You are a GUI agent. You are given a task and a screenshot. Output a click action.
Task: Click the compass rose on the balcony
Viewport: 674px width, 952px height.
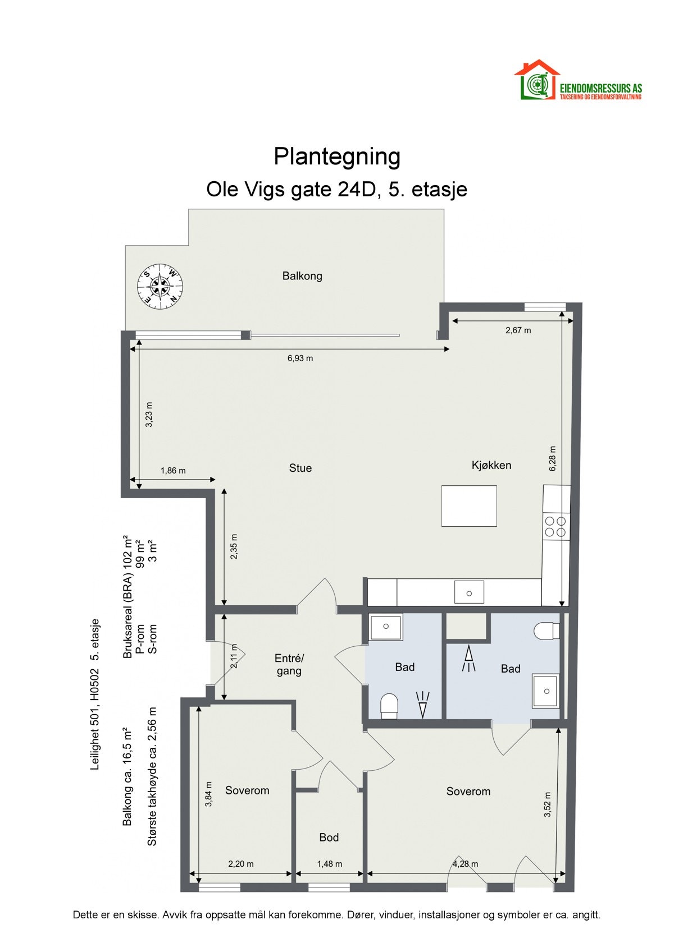pos(161,287)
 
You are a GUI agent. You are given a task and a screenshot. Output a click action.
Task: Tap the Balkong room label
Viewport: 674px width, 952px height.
pos(302,276)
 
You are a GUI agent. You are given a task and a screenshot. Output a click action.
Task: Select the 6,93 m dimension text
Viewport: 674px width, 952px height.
pos(300,358)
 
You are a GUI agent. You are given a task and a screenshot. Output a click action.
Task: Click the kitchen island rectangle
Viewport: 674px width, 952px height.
pos(469,506)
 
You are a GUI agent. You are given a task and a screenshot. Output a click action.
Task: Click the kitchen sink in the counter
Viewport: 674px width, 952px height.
pos(469,592)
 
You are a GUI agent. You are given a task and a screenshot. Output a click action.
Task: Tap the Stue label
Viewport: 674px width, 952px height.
pos(300,468)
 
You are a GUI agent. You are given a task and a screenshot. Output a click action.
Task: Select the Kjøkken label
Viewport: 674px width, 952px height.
pos(491,465)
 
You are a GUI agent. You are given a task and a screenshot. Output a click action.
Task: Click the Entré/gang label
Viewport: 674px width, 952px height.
pos(289,665)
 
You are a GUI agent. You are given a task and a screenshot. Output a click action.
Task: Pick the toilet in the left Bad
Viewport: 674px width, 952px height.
pos(389,706)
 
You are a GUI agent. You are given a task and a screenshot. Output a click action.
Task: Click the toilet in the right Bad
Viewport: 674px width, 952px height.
pos(547,631)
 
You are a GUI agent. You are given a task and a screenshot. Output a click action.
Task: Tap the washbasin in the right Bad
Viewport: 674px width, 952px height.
pos(545,691)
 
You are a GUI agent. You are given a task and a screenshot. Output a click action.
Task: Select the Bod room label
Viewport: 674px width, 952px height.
pos(329,838)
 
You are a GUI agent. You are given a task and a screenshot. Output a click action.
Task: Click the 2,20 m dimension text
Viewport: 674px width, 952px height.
pos(240,864)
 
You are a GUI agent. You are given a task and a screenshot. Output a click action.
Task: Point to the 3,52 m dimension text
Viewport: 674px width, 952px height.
pos(548,804)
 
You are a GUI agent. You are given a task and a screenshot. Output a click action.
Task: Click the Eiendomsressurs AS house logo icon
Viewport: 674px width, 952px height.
pos(536,80)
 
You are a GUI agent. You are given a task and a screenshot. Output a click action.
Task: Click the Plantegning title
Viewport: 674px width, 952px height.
pos(336,157)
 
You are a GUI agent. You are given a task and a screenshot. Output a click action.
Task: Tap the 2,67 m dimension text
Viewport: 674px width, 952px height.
pos(518,330)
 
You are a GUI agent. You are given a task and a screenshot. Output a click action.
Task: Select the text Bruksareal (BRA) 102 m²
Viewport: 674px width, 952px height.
pos(128,596)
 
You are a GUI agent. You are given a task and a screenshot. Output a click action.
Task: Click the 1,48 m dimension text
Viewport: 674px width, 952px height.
pos(329,864)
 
